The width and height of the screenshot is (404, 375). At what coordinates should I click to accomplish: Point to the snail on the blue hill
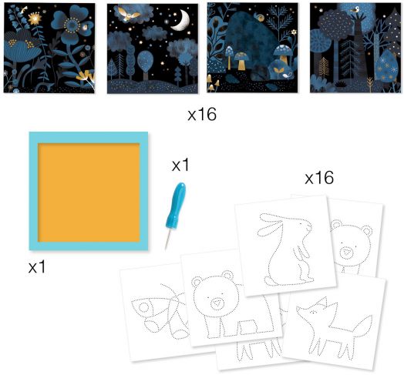click(259, 17)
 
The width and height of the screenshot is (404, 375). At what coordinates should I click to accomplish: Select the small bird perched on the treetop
click(356, 10)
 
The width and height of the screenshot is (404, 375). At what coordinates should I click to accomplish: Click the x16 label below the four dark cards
click(202, 115)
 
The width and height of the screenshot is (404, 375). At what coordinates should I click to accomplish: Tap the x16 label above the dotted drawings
click(319, 178)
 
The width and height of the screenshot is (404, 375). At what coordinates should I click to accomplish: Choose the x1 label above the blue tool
click(180, 165)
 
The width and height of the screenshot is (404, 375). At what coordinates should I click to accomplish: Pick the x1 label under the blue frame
click(37, 266)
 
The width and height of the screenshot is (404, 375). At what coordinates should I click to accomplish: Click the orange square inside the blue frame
click(89, 193)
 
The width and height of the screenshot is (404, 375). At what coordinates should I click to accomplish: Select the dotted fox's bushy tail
click(362, 329)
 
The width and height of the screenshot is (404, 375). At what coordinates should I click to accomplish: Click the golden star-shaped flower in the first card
click(35, 18)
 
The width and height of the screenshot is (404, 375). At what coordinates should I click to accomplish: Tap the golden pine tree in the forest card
click(324, 67)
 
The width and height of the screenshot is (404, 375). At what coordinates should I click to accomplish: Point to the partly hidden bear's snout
click(346, 253)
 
